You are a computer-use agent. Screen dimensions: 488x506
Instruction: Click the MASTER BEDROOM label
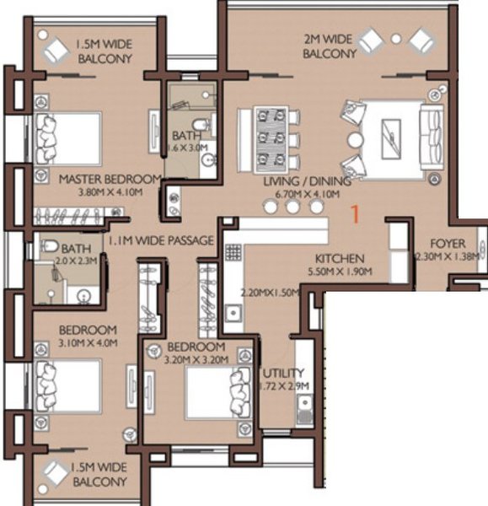(x=110, y=179)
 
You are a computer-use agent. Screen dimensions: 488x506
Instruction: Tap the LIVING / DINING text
(x=308, y=181)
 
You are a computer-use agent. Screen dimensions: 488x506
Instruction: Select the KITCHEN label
(x=340, y=259)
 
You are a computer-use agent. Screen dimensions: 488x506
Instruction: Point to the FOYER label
(x=448, y=244)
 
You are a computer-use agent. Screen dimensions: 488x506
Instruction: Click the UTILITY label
(x=283, y=373)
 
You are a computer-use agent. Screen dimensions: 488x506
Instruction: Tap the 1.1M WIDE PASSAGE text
(x=160, y=240)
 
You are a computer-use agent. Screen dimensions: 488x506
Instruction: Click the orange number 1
(x=355, y=214)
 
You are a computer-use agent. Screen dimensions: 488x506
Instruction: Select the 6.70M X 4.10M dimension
(x=308, y=194)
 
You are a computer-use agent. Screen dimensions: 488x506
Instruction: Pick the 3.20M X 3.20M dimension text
(x=196, y=359)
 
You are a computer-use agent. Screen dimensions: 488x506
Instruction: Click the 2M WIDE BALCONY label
(x=330, y=46)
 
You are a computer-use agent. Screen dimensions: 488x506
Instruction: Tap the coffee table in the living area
(x=391, y=139)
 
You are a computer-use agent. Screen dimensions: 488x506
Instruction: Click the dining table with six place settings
(x=271, y=139)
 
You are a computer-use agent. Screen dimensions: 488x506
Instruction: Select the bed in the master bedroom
(x=67, y=139)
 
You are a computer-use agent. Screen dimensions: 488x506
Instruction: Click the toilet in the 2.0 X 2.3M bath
(x=50, y=246)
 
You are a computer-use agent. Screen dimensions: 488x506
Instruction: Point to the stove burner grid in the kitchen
(x=233, y=252)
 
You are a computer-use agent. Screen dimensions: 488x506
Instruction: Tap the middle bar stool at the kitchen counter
(x=292, y=207)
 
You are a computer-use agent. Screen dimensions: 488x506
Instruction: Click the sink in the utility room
(x=304, y=409)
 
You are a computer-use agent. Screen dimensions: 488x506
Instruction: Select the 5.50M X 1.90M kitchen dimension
(x=340, y=272)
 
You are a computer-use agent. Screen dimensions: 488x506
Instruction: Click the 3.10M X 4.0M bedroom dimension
(x=88, y=342)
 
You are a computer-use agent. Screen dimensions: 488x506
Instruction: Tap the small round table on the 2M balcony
(x=396, y=39)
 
